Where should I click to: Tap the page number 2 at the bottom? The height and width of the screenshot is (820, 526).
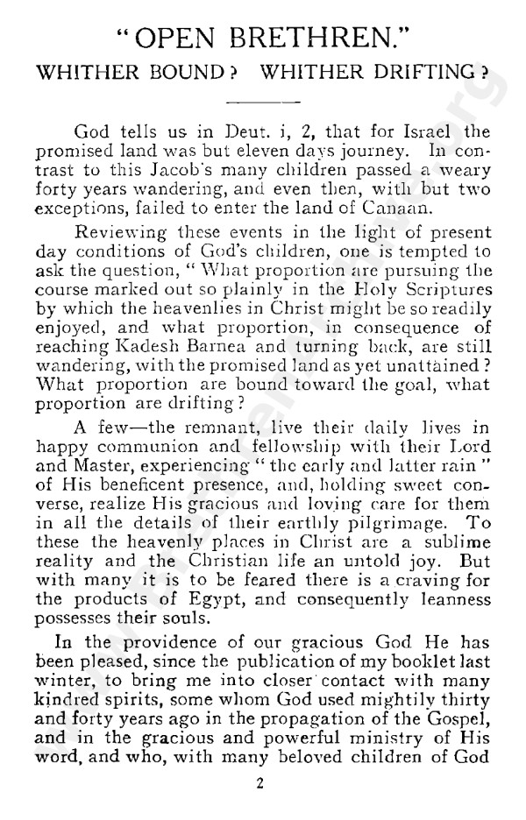(x=260, y=784)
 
